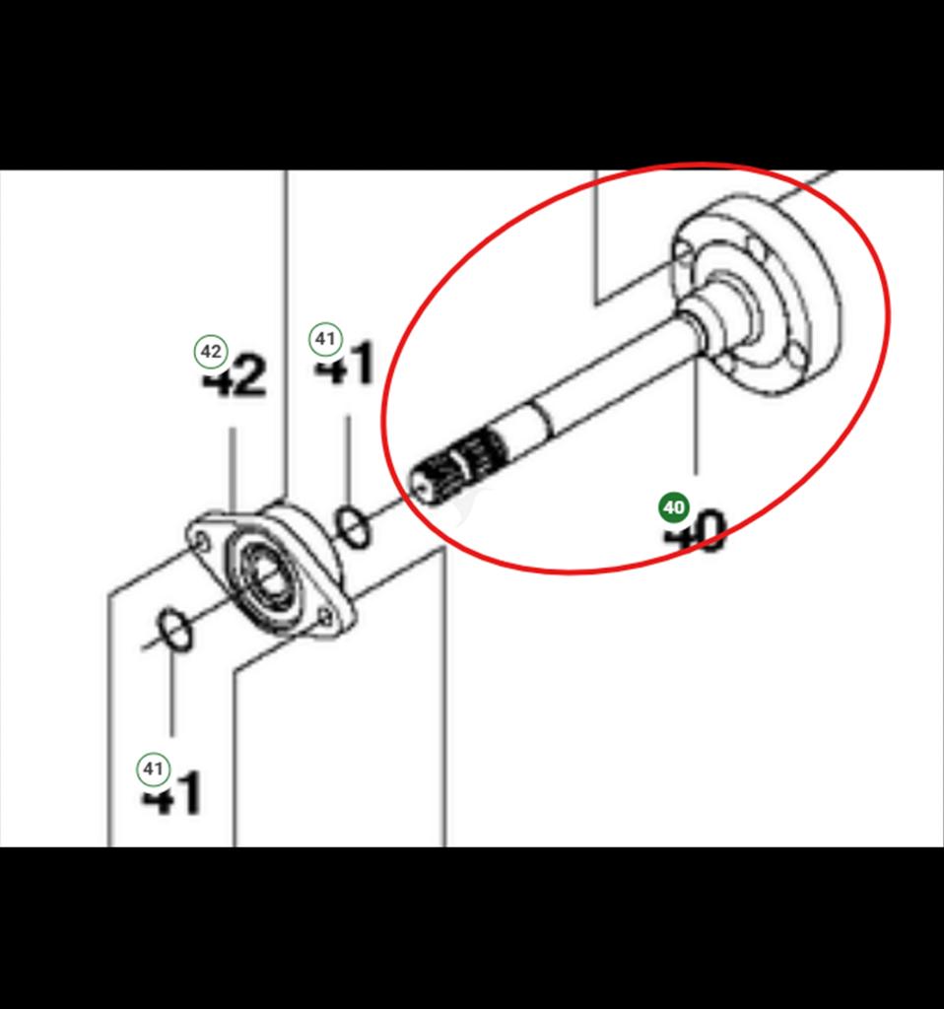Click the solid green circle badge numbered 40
tap(674, 507)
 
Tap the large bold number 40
tap(696, 533)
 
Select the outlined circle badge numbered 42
tap(211, 351)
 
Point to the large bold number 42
tap(235, 377)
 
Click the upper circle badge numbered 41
tap(324, 340)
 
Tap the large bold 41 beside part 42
tap(346, 365)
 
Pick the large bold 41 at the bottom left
tap(173, 794)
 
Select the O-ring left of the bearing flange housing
tap(174, 630)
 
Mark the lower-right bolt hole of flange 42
tap(324, 618)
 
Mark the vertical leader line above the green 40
tap(696, 414)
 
